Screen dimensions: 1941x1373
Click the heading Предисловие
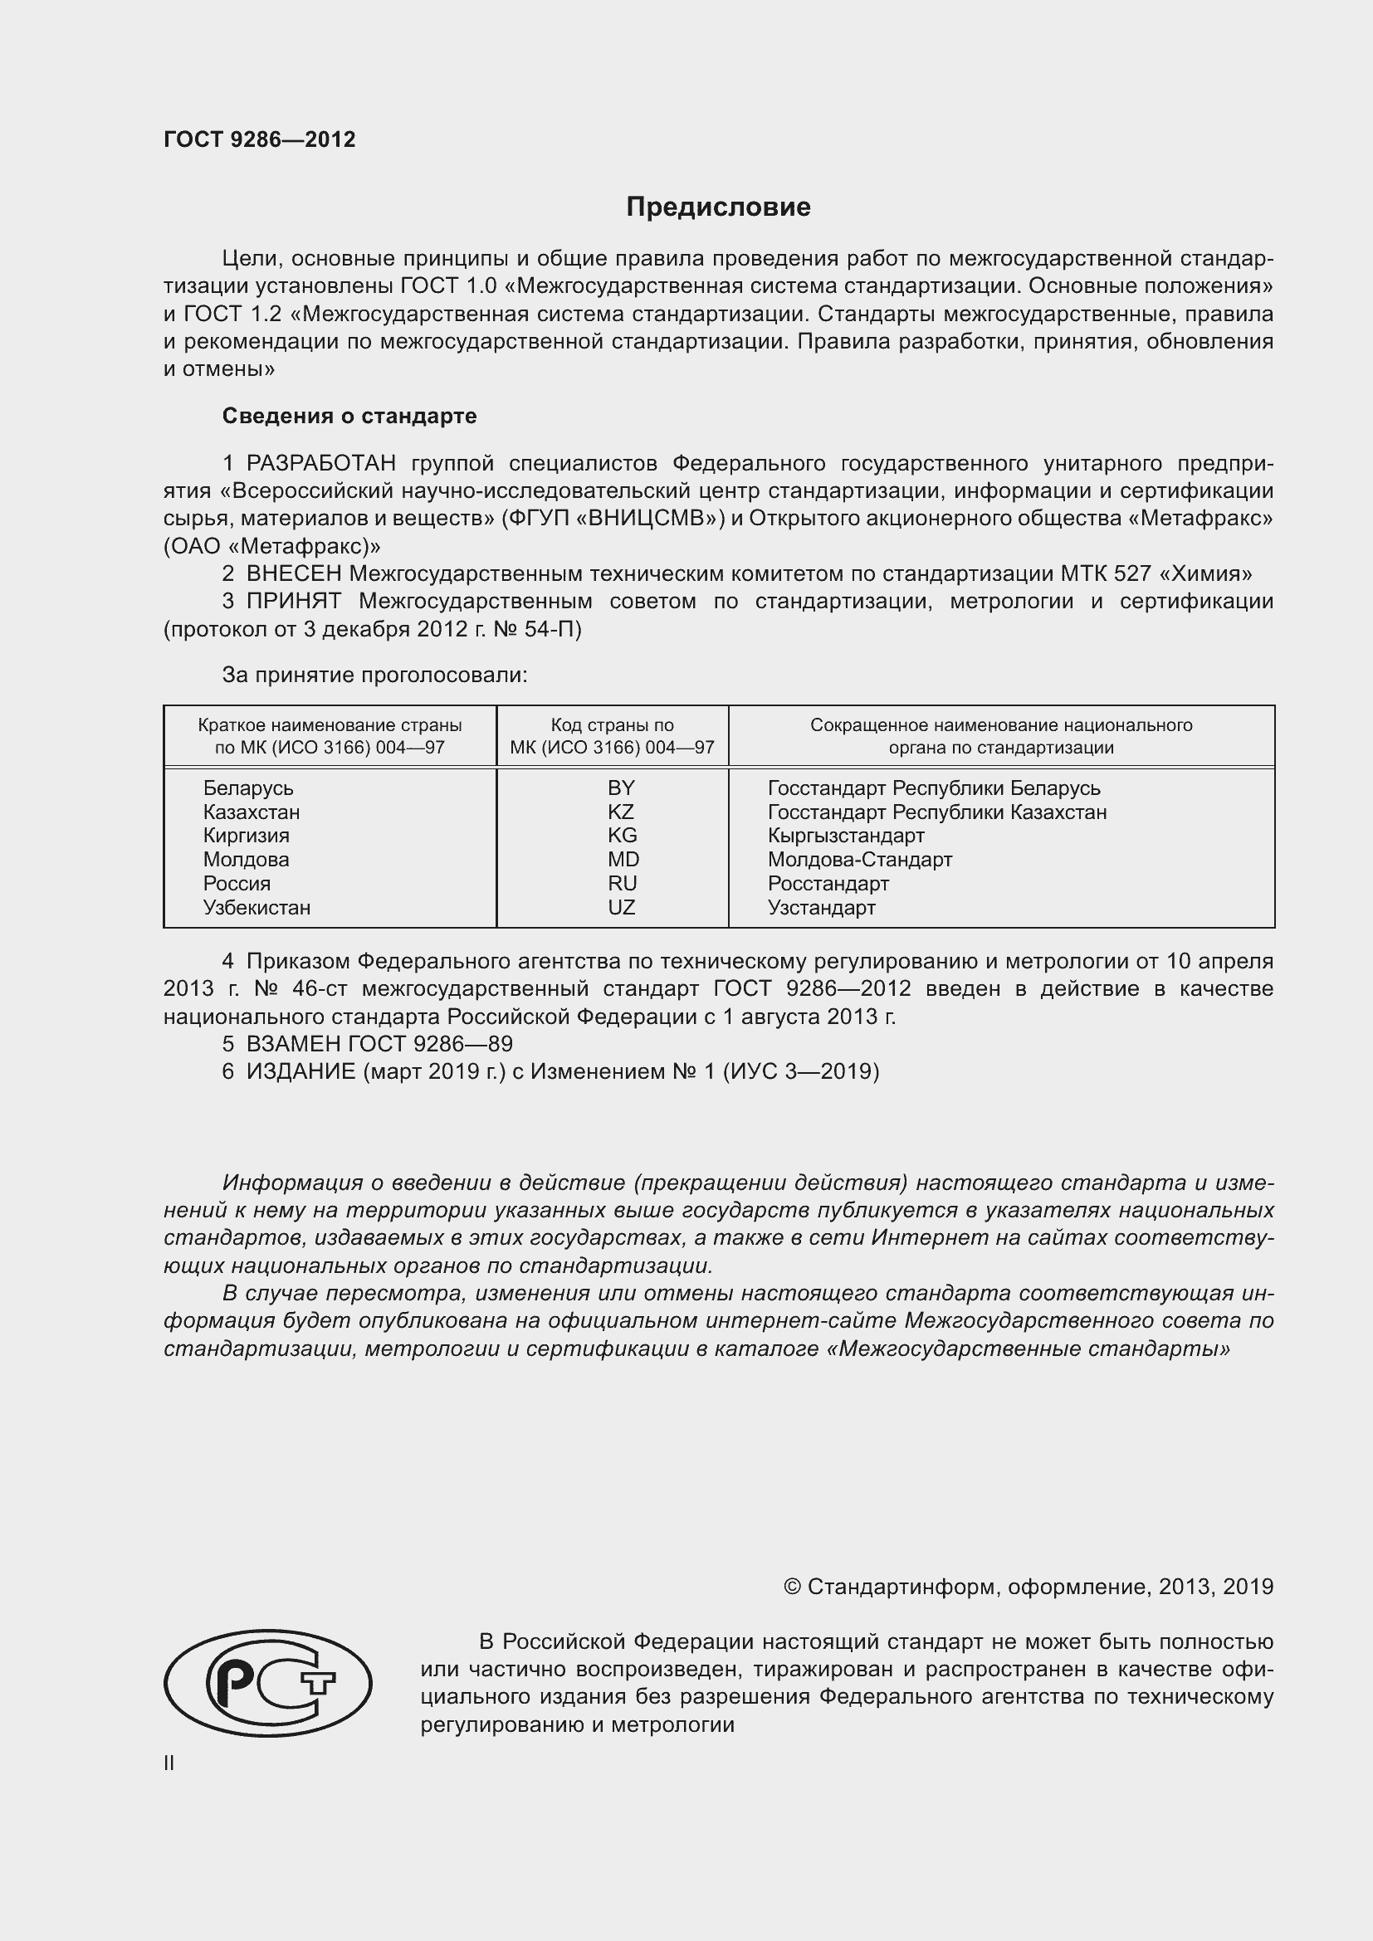(x=718, y=207)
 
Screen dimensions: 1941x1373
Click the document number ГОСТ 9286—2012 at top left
(x=259, y=139)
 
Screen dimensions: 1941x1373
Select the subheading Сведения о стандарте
(x=349, y=416)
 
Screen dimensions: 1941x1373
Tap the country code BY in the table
(x=621, y=788)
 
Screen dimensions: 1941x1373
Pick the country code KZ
(x=621, y=812)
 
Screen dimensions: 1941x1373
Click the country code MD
(x=623, y=860)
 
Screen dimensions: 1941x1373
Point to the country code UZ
(x=621, y=908)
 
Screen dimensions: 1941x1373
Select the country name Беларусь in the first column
(x=248, y=788)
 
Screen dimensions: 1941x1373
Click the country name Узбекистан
(x=257, y=908)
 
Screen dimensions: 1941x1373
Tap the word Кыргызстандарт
(x=846, y=836)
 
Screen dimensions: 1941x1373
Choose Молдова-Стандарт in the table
(x=860, y=860)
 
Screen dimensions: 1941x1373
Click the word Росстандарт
(x=828, y=884)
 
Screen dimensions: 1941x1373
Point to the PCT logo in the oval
(x=267, y=1683)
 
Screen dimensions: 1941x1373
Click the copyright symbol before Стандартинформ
(x=792, y=1587)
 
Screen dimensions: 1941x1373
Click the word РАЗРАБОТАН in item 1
(x=321, y=463)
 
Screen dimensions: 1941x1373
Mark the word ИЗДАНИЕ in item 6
(x=301, y=1072)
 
